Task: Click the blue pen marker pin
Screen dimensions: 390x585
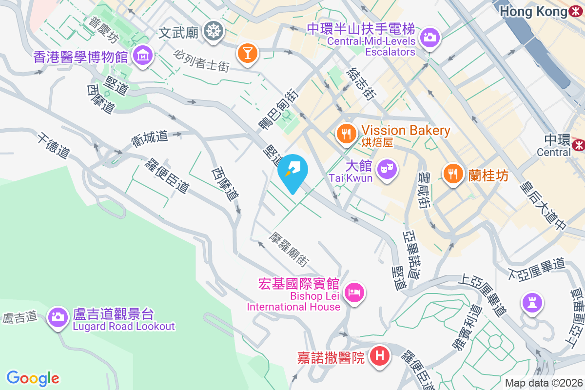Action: (292, 171)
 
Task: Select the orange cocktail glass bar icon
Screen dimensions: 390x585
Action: (247, 53)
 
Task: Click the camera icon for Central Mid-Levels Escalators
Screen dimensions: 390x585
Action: (429, 37)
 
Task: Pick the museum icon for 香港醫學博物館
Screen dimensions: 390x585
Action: (143, 56)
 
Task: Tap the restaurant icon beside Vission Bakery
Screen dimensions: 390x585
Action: (347, 132)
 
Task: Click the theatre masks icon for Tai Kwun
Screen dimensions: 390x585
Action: (388, 170)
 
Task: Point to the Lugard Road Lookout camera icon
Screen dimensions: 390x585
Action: (58, 316)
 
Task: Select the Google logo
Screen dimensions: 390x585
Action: (33, 378)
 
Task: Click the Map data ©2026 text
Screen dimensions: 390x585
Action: (544, 383)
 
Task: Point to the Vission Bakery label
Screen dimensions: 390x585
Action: (406, 131)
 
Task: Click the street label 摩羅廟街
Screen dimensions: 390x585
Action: (289, 249)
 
